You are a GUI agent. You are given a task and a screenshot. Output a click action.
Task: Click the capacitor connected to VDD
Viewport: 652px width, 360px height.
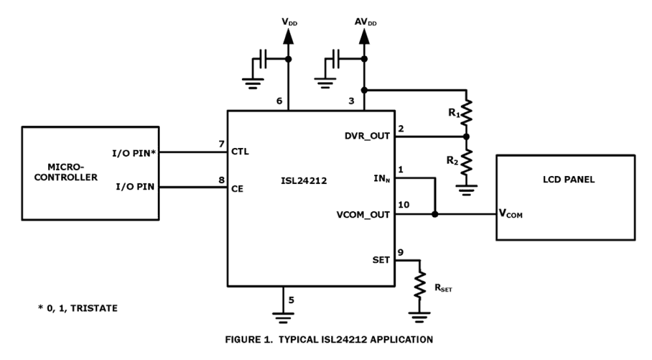tap(264, 60)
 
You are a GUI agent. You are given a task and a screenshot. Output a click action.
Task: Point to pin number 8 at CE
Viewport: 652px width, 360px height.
tap(221, 180)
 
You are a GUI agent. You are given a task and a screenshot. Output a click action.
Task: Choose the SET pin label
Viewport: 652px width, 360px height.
tap(381, 260)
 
